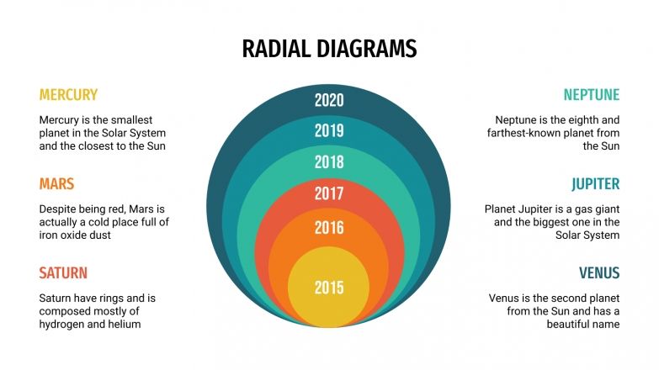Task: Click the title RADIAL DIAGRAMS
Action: pos(329,49)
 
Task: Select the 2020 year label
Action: pos(329,101)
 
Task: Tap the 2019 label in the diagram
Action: pos(329,130)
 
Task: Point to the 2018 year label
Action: pos(329,162)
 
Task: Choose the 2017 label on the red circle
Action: pos(329,194)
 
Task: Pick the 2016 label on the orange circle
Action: pos(329,227)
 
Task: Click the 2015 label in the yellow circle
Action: pos(329,288)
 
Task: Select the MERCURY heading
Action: pos(68,95)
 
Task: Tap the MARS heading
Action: pos(56,184)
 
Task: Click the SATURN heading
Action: pos(63,273)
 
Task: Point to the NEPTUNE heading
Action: pos(591,95)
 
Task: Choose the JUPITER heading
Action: pos(595,184)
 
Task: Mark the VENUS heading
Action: pos(599,273)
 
